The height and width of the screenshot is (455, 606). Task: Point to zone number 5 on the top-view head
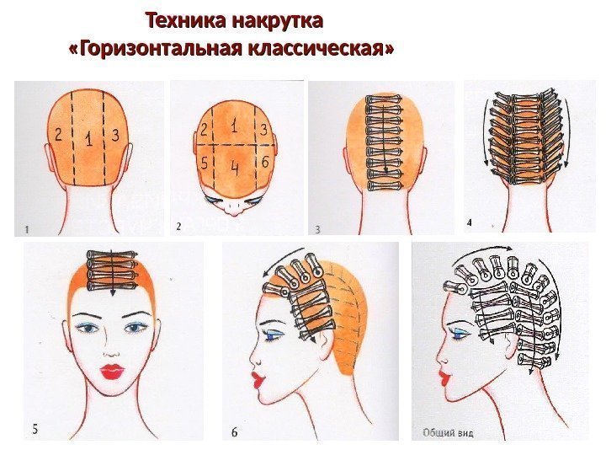coord(205,163)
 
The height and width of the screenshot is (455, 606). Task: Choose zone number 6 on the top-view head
coord(265,161)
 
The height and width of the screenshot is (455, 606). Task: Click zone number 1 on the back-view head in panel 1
coord(89,139)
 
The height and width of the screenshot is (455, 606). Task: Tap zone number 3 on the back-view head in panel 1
coord(115,135)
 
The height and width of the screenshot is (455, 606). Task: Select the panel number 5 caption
coord(35,430)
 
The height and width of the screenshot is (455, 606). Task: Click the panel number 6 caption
coord(234,431)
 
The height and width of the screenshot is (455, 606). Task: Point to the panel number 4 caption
coord(469,222)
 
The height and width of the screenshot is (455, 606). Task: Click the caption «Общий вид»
coord(448,432)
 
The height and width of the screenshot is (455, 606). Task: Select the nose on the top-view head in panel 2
coord(234,211)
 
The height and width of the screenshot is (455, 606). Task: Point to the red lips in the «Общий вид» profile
coord(444,377)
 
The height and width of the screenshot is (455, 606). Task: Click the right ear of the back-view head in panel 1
coord(129,158)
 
